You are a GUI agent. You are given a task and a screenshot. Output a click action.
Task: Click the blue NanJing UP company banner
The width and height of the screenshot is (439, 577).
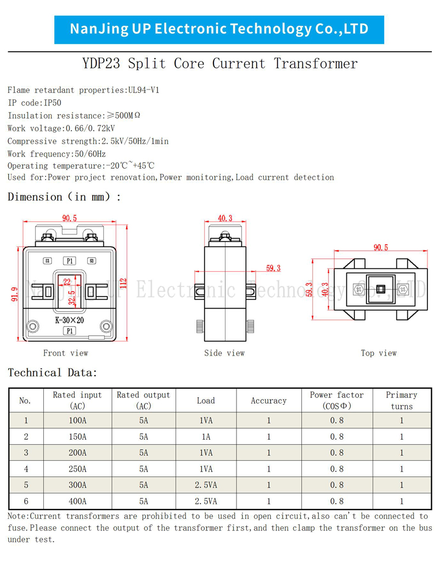(x=219, y=30)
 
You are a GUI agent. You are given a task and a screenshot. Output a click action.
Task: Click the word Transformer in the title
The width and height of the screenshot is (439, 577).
(x=316, y=64)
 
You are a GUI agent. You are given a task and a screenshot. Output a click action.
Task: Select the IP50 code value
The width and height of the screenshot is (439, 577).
(x=52, y=103)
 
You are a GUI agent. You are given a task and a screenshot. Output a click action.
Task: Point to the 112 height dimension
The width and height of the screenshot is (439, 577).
(x=123, y=283)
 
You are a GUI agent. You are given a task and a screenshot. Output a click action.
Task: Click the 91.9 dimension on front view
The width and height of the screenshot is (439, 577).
(x=14, y=294)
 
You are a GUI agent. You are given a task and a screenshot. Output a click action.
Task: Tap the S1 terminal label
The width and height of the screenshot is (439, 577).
(x=47, y=261)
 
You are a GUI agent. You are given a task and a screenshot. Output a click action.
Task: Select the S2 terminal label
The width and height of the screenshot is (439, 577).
(x=92, y=261)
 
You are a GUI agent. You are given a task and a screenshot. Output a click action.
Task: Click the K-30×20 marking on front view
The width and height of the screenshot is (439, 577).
(x=70, y=320)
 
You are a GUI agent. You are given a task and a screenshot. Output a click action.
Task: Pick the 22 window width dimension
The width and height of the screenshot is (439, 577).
(x=66, y=282)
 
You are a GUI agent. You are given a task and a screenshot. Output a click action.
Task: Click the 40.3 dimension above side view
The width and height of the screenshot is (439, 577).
(x=225, y=218)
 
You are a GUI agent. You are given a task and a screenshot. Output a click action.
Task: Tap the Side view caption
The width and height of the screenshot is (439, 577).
(x=224, y=353)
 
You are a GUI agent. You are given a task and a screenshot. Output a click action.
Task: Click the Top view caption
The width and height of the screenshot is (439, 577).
(x=379, y=353)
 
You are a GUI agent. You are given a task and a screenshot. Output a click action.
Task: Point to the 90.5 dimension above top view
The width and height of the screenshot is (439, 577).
(x=380, y=247)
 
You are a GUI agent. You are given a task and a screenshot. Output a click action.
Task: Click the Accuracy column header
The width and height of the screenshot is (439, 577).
(x=268, y=401)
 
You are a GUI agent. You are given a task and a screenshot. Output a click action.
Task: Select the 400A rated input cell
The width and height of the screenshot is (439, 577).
(x=77, y=501)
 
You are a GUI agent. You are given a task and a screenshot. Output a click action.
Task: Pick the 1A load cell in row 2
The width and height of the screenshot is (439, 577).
(x=206, y=436)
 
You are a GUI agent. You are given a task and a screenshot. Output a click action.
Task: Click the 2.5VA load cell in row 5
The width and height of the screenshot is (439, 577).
(x=206, y=485)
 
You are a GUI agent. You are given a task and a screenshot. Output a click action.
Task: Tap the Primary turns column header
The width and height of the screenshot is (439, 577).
(x=402, y=400)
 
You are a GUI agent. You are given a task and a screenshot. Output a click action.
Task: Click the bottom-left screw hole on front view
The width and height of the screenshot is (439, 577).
(x=33, y=327)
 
